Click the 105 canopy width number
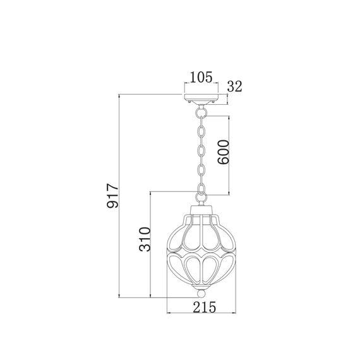[x=200, y=79]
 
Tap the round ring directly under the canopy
[x=202, y=111]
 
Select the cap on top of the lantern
[x=201, y=208]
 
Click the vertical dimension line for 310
[x=150, y=243]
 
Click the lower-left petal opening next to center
[x=192, y=266]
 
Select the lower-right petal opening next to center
[x=211, y=266]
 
